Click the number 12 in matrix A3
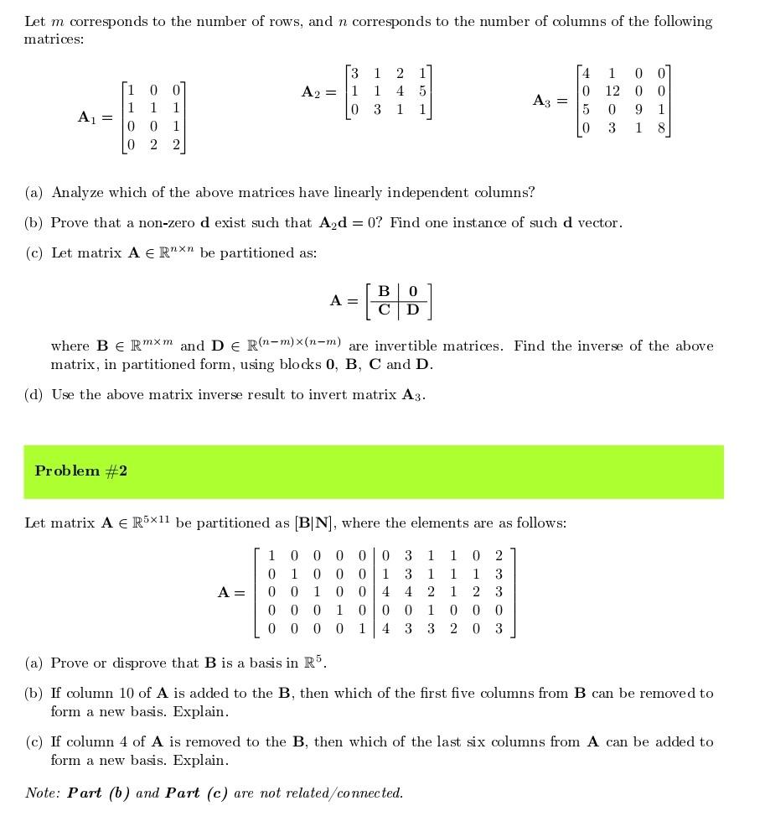pos(613,91)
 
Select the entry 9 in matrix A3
pos(638,109)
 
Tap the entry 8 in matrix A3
pos(660,127)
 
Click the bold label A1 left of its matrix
pos(88,117)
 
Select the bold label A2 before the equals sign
pos(311,91)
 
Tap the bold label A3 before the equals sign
pos(542,101)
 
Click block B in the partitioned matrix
pos(383,291)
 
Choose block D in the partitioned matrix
pos(412,309)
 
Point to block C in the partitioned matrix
pos(383,309)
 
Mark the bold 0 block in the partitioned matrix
pos(412,291)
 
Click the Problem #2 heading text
pos(80,471)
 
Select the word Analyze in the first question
pos(77,192)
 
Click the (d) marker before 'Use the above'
pos(34,394)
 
